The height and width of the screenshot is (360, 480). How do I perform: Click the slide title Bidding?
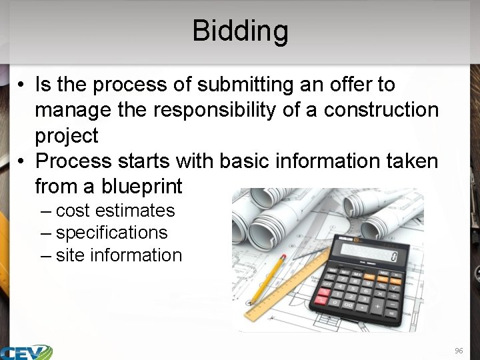tap(240, 31)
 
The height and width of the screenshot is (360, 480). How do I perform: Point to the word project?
tap(66, 136)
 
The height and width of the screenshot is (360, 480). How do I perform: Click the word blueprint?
tap(141, 187)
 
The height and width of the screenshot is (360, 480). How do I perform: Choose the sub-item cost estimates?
tap(115, 211)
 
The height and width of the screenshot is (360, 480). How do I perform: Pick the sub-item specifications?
tap(111, 233)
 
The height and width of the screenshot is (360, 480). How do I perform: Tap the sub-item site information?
tap(119, 255)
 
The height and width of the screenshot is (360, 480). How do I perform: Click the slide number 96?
tap(458, 351)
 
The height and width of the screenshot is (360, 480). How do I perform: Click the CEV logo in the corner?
tap(27, 352)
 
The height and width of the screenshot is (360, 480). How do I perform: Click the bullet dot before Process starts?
tap(22, 161)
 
